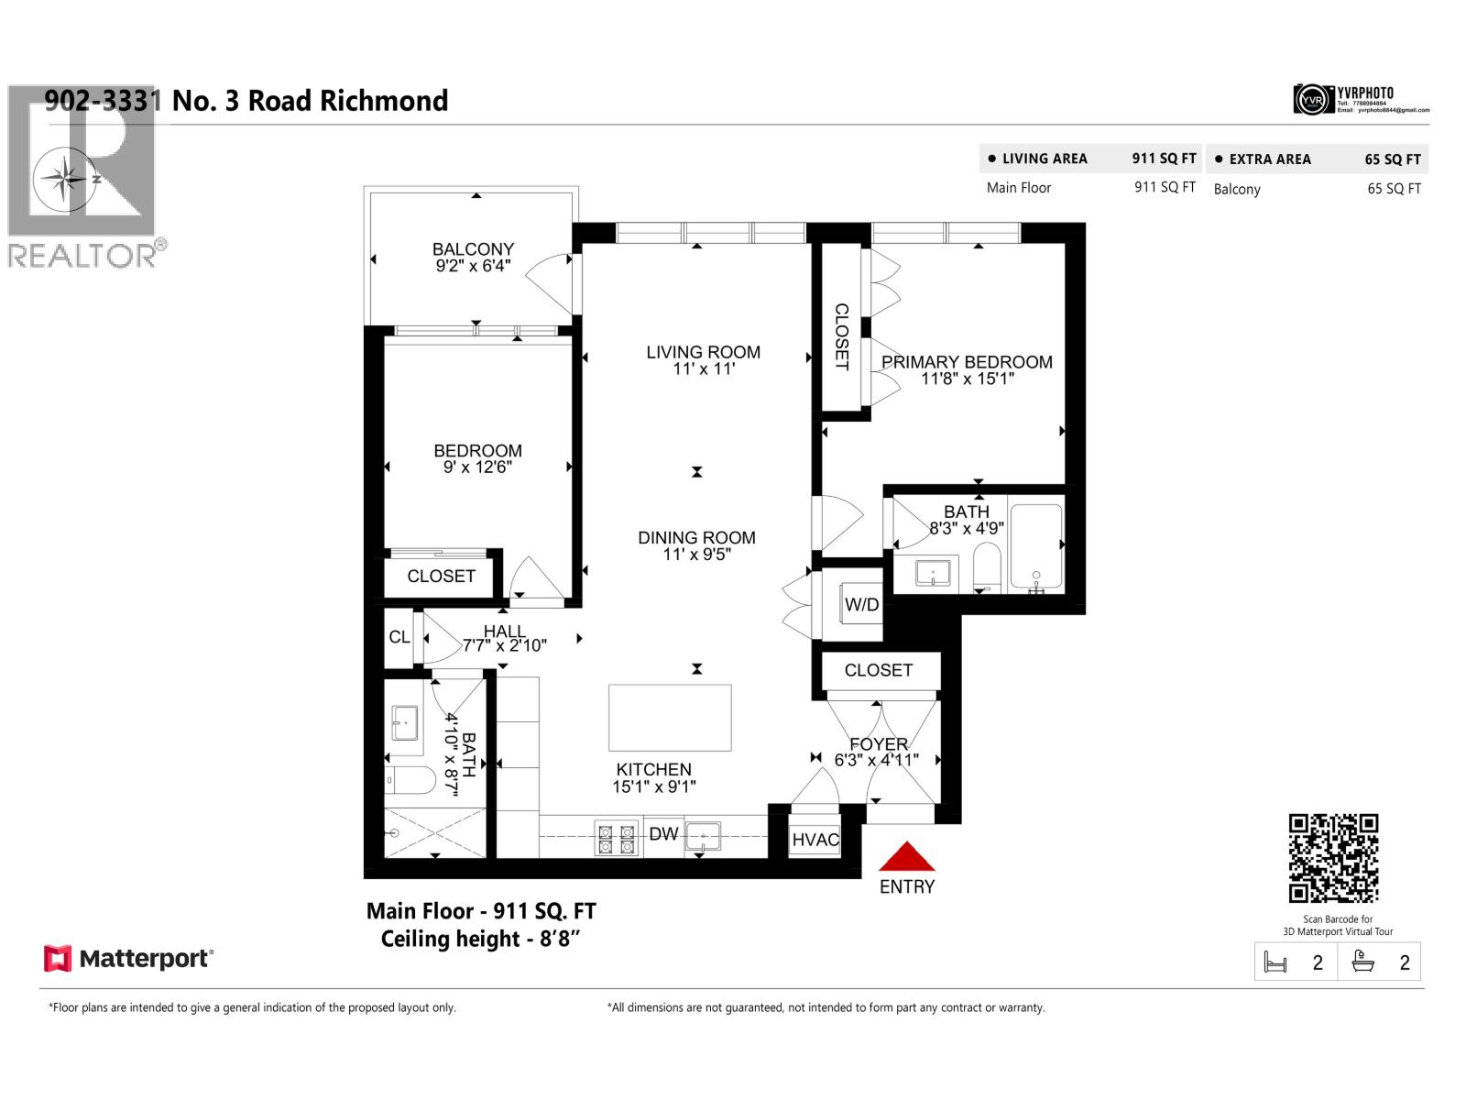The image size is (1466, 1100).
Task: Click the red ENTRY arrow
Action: tap(906, 857)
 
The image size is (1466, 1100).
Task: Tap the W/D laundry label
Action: tap(861, 604)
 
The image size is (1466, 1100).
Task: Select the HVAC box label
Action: tap(815, 840)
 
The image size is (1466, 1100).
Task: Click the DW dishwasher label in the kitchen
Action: tap(663, 834)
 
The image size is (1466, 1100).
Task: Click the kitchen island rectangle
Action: tap(670, 718)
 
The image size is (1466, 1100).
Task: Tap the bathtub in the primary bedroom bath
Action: tap(1036, 546)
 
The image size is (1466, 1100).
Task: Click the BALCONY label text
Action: tap(473, 249)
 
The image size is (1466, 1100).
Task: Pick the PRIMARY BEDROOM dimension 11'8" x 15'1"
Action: tap(967, 379)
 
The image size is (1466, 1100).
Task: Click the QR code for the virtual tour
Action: tap(1333, 858)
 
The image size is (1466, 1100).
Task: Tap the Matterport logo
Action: tap(128, 959)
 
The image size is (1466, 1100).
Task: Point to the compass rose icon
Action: tap(64, 178)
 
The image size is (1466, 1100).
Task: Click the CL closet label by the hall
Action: tap(399, 637)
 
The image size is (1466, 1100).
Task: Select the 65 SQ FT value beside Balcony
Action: tap(1394, 189)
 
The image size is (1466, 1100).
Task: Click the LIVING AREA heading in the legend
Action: tap(1044, 159)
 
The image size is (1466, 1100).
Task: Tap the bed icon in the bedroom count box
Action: tap(1275, 962)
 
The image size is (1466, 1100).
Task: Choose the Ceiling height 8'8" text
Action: tap(481, 939)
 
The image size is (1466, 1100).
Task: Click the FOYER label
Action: tap(879, 743)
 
